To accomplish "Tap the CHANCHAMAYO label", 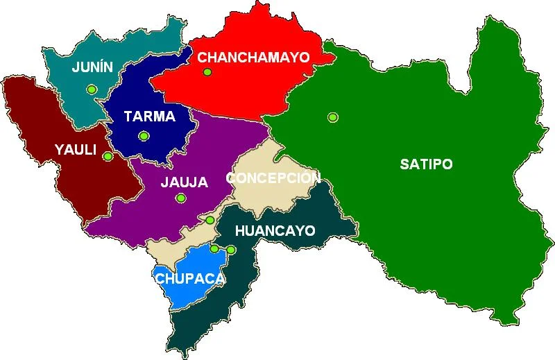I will tap(253, 58).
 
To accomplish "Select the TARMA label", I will tap(149, 116).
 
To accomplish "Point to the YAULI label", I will tap(77, 149).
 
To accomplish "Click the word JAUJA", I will tap(184, 182).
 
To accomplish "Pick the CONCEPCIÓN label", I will tap(273, 178).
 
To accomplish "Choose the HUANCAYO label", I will tap(275, 230).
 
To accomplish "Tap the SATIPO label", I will tap(426, 164).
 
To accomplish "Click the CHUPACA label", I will tap(189, 278).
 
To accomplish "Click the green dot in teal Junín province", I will tap(91, 89).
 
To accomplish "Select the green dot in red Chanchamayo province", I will tap(206, 71).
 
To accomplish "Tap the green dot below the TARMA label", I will tap(144, 136).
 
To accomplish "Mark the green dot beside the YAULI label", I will tap(108, 156).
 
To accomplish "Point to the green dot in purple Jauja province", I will tap(181, 198).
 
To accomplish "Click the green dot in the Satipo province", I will tap(333, 117).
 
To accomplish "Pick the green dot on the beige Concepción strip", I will tap(210, 221).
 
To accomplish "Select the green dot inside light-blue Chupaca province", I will tap(215, 248).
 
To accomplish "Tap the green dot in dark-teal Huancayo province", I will tap(231, 249).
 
